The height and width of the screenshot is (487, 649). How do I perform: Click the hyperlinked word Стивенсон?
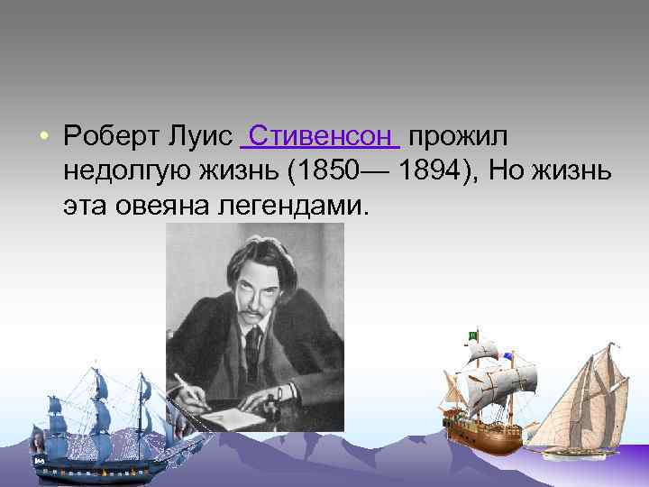tap(320, 136)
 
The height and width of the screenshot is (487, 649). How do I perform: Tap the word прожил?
tap(458, 136)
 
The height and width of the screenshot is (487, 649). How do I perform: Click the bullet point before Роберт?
tap(42, 137)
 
